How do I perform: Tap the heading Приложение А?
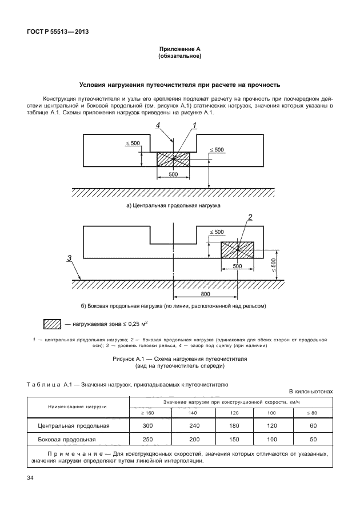point(179,50)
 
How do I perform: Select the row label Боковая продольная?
point(67,440)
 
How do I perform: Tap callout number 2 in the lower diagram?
point(250,216)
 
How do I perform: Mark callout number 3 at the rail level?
point(69,259)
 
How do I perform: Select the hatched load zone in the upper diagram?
point(173,159)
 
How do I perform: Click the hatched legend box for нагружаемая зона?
point(53,324)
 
